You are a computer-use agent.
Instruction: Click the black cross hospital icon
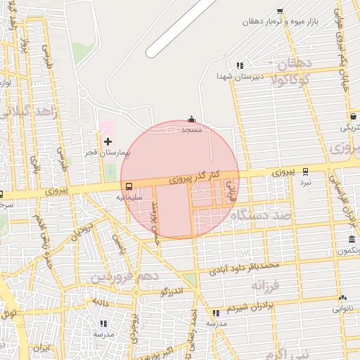(108, 142)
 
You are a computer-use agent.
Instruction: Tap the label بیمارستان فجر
(106, 153)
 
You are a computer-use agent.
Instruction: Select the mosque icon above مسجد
(191, 120)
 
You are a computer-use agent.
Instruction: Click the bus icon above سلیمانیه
(129, 187)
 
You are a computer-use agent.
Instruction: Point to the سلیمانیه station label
(129, 198)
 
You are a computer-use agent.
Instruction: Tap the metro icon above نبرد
(305, 171)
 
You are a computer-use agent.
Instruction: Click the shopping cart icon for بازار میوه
(280, 11)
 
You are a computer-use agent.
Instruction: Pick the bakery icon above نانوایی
(342, 298)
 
